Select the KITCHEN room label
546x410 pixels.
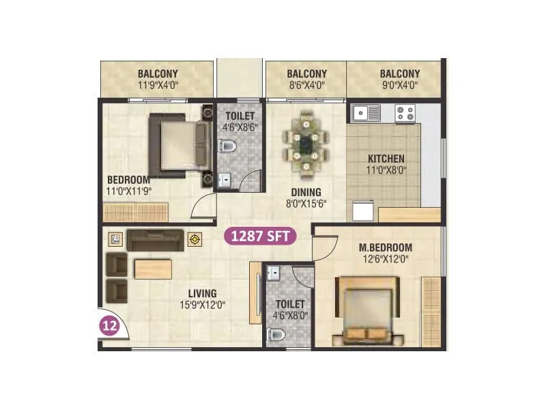(x=386, y=159)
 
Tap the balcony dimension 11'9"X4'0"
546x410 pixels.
(x=158, y=86)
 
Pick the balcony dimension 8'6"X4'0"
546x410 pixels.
(x=306, y=86)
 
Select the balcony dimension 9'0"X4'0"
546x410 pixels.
(x=399, y=86)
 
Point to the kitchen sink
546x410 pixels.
(x=366, y=112)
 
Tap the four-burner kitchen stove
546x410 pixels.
(x=405, y=112)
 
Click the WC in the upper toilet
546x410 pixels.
(x=227, y=145)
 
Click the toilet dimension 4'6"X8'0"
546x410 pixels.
(x=289, y=316)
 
